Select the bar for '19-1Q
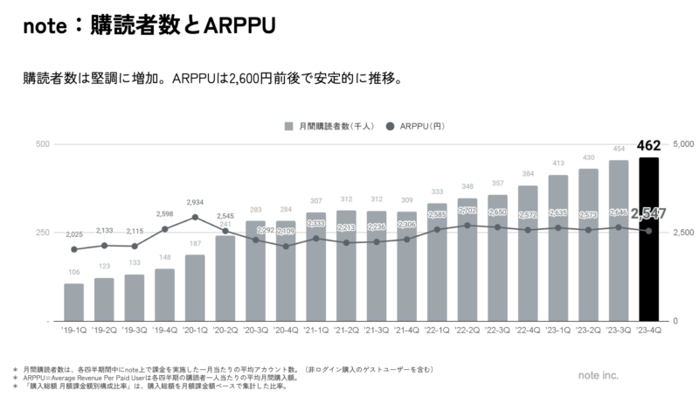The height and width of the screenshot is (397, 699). tap(73, 303)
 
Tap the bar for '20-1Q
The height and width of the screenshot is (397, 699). tap(195, 288)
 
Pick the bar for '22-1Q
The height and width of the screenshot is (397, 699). tap(437, 262)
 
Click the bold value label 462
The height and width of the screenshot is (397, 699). tap(649, 146)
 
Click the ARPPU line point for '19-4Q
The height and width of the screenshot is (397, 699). tap(164, 229)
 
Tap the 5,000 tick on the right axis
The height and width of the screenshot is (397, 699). tap(683, 143)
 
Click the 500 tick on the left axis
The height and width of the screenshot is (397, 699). tap(42, 143)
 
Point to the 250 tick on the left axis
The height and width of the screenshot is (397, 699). tap(42, 233)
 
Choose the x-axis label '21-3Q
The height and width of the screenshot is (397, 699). tap(377, 330)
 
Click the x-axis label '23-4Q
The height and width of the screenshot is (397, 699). tap(649, 330)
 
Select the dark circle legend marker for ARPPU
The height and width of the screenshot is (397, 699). tap(390, 126)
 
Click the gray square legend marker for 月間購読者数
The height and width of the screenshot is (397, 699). tap(289, 126)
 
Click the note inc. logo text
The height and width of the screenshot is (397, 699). tap(598, 374)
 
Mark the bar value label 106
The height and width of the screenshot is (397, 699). tap(73, 272)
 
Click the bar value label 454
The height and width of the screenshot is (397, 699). tap(619, 149)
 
